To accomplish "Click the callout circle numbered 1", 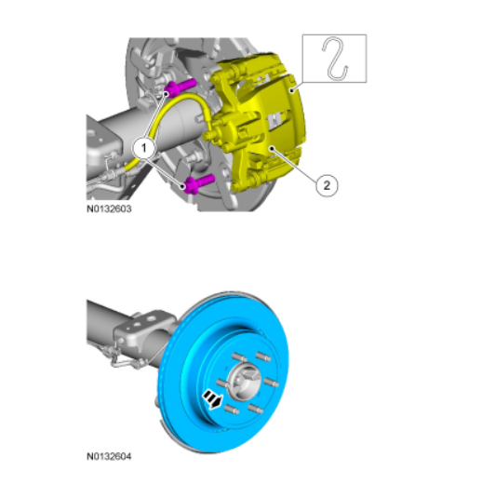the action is pos(144,148).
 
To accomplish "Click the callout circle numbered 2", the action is pos(327,185).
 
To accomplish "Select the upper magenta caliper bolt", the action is pos(181,87).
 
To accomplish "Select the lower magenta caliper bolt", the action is pos(199,183).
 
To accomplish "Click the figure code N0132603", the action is pos(109,209).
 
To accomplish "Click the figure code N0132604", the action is pos(109,456).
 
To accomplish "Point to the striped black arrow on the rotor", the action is pos(212,399).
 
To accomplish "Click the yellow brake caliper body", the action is pos(259,122).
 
